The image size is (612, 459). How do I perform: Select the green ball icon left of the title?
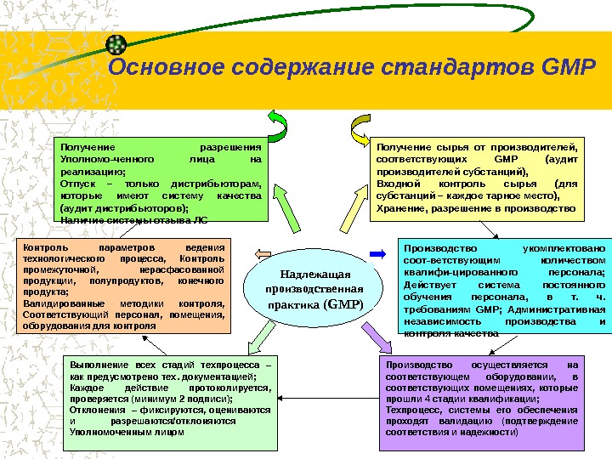pos(120,43)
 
